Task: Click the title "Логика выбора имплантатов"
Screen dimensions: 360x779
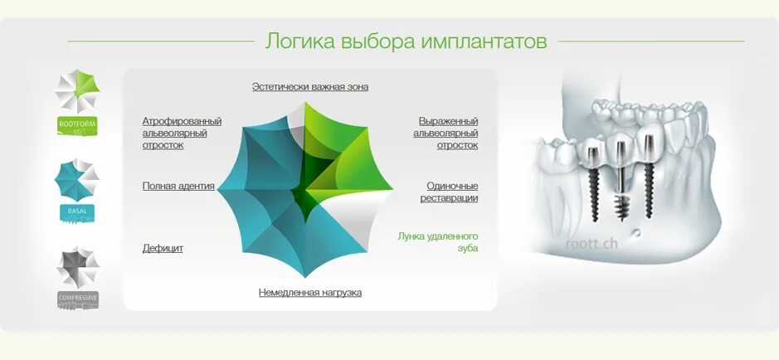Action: [x=406, y=41]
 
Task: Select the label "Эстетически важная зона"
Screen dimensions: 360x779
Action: [x=309, y=86]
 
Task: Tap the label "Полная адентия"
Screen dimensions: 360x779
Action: [x=178, y=186]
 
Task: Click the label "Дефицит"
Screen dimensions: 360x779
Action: [x=163, y=248]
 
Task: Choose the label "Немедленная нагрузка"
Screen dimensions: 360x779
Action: [x=309, y=292]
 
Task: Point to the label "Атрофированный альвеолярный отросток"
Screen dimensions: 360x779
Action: [x=182, y=133]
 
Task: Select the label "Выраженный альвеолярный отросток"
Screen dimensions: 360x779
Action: [x=448, y=133]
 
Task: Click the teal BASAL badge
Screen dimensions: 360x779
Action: [x=77, y=212]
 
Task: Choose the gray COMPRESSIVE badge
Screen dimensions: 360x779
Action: [x=77, y=298]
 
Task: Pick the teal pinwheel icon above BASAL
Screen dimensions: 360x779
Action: [x=77, y=178]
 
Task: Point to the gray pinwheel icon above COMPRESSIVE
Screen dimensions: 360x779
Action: [x=77, y=266]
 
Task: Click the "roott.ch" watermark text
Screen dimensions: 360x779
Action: [x=591, y=243]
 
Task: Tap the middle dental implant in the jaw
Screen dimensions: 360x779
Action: [x=620, y=178]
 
